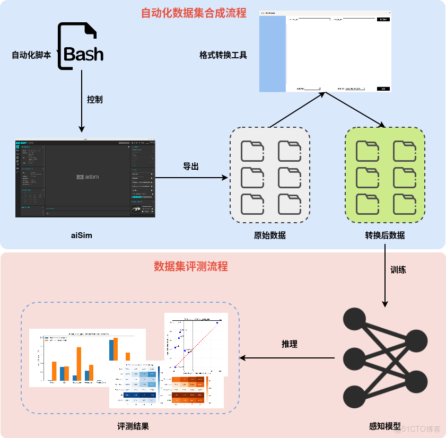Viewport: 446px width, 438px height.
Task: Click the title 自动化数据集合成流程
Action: coord(194,13)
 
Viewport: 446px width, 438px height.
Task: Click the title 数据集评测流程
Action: coord(191,266)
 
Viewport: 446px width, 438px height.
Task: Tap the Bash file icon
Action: coord(81,47)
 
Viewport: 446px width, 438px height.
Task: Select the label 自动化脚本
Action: coord(31,54)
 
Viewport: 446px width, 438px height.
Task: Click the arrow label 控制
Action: coord(94,99)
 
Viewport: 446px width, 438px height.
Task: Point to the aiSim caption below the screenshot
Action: coord(81,235)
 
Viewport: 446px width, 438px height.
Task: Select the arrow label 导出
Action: coord(191,167)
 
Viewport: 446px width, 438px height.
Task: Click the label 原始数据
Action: coord(269,235)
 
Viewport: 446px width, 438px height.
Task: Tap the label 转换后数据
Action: coord(384,235)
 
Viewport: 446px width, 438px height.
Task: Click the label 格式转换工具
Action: coord(223,55)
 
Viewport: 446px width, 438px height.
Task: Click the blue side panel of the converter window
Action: coord(272,54)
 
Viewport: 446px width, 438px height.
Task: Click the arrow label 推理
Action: coord(289,344)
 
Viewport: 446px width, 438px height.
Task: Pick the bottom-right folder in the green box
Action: coord(404,204)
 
